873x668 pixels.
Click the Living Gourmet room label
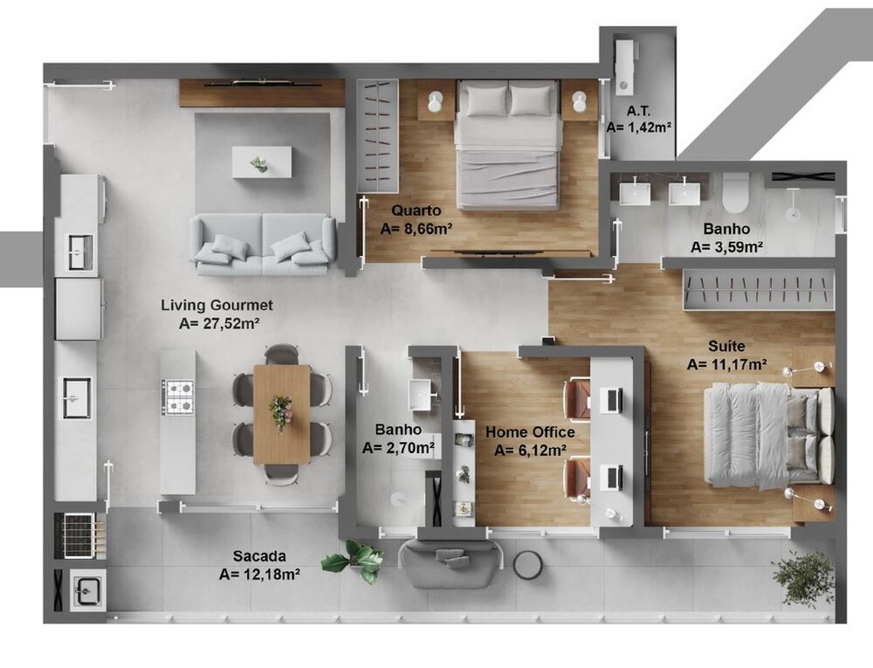pyautogui.click(x=217, y=306)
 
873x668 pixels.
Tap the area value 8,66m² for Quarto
pyautogui.click(x=416, y=229)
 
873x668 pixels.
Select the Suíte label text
pyautogui.click(x=726, y=347)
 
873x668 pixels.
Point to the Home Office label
pyautogui.click(x=530, y=432)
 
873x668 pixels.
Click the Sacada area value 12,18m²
pyautogui.click(x=260, y=574)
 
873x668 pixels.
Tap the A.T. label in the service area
pyautogui.click(x=638, y=111)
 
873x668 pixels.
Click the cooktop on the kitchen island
pyautogui.click(x=179, y=397)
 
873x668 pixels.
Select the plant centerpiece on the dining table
pyautogui.click(x=281, y=410)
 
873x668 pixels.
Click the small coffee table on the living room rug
pyautogui.click(x=261, y=162)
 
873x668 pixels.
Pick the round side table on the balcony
pyautogui.click(x=527, y=565)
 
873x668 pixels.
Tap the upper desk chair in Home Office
pyautogui.click(x=576, y=398)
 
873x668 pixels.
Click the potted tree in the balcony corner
pyautogui.click(x=804, y=576)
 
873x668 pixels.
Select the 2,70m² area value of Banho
pyautogui.click(x=399, y=448)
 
